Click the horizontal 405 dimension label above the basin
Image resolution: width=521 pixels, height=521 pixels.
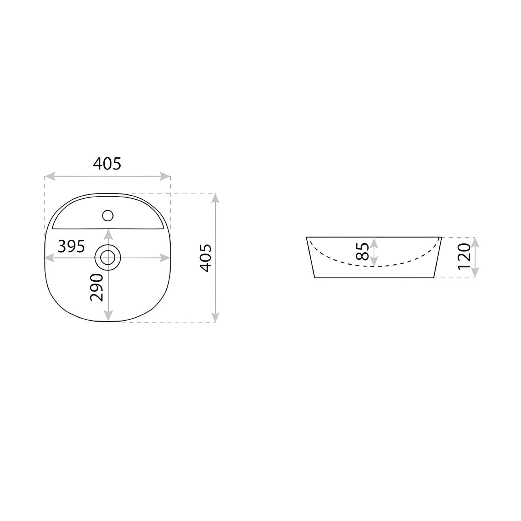click(x=107, y=164)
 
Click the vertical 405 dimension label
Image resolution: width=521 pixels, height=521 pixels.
click(x=206, y=258)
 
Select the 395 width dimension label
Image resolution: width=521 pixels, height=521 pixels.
click(x=71, y=247)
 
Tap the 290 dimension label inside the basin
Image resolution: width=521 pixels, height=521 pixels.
click(x=97, y=287)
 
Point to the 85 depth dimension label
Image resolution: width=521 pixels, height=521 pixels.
click(x=362, y=251)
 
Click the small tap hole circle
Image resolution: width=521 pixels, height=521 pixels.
click(x=108, y=216)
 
